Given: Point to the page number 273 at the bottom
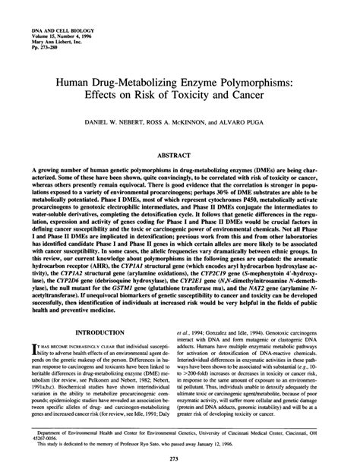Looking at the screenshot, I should tap(179, 460).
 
